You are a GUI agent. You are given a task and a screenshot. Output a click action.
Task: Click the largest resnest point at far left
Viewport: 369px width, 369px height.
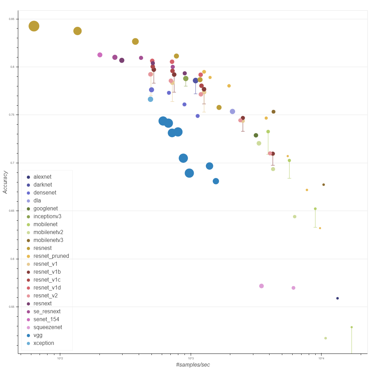point(34,26)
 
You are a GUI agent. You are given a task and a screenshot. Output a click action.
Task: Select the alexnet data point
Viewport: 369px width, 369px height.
point(337,298)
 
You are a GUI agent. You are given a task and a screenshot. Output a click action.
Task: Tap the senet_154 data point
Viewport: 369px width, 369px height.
point(100,55)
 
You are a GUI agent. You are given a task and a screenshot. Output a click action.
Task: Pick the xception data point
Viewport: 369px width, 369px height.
point(150,99)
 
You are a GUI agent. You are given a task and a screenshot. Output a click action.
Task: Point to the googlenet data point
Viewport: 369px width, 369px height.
point(256,135)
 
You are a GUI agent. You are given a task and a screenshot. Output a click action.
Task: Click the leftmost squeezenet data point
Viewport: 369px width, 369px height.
point(261,286)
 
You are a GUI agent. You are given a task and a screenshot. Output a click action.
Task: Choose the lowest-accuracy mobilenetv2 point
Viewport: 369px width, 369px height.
point(325,338)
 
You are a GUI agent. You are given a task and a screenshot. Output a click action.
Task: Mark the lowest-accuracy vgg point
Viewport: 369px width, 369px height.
point(216,181)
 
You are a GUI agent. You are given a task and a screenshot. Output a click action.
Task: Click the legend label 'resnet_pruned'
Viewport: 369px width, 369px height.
point(51,256)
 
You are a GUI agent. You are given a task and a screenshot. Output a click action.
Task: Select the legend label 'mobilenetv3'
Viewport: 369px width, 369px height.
point(48,240)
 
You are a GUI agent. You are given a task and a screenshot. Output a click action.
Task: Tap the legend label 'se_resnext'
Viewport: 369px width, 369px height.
point(47,312)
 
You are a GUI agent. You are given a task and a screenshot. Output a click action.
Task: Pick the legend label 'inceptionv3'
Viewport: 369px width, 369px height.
point(47,217)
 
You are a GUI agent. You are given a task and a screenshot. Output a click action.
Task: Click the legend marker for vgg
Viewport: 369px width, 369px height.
point(29,335)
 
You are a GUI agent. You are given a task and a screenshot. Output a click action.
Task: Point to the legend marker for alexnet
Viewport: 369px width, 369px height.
point(29,177)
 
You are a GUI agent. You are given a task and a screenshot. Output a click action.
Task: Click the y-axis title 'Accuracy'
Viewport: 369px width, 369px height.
point(6,182)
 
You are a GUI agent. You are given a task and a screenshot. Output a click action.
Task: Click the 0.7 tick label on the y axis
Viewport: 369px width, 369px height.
point(12,163)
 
